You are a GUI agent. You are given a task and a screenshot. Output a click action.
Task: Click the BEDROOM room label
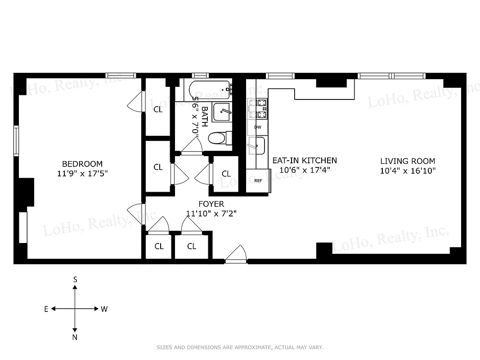82,164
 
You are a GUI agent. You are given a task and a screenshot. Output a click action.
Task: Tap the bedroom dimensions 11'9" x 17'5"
82,173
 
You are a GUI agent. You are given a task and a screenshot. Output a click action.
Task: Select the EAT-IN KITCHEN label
305,161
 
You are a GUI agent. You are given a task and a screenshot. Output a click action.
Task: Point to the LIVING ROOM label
408,161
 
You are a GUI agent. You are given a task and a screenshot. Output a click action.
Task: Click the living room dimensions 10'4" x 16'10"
408,171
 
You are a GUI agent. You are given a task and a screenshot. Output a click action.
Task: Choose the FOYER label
211,204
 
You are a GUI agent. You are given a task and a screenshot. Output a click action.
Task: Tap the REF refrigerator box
258,180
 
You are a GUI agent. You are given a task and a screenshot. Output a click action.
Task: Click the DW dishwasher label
258,127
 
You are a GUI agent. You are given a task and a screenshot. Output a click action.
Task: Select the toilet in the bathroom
219,138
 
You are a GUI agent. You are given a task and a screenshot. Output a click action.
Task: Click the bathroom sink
222,112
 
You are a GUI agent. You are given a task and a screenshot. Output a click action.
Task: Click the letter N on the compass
75,337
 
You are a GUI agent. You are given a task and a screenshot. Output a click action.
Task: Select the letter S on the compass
75,279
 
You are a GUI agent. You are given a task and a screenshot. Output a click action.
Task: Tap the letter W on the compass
104,309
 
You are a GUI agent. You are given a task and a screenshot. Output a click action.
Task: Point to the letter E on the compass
46,309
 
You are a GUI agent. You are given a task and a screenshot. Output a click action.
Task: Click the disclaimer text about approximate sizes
240,347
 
